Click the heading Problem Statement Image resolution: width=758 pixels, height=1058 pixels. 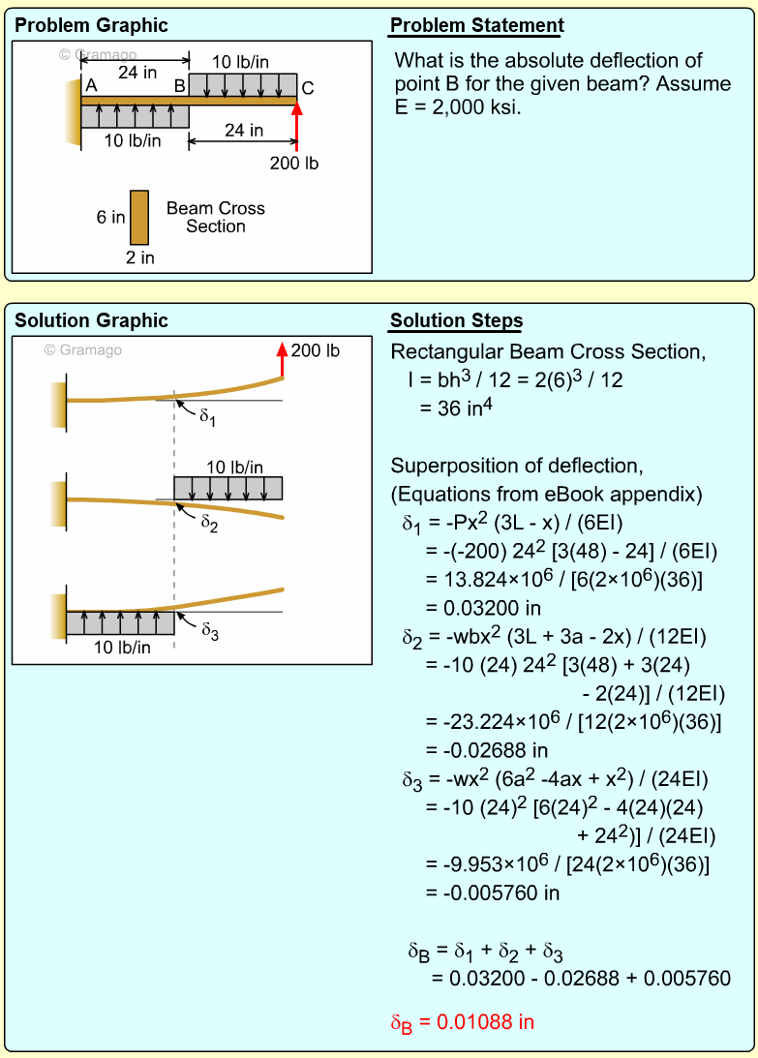pos(476,26)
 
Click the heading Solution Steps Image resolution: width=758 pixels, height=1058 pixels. pos(456,321)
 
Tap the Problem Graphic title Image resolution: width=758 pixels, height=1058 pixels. pos(91,26)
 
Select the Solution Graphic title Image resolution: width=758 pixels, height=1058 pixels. pos(91,321)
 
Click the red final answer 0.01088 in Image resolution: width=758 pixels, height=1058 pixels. pos(462,1022)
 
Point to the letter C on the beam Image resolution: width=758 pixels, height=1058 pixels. pos(308,88)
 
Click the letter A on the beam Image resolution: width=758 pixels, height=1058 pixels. pos(91,86)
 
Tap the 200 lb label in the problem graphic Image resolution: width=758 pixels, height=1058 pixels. pos(293,164)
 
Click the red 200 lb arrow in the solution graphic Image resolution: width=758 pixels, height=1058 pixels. pos(283,359)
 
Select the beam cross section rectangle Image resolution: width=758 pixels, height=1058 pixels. pos(139,217)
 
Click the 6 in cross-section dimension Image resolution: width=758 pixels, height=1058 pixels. pos(110,218)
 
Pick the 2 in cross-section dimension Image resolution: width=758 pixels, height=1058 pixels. pos(139,257)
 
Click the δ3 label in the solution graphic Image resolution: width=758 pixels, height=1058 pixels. pos(210,630)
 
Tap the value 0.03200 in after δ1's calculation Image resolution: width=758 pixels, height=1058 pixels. pos(483,609)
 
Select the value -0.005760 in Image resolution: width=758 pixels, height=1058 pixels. pos(493,892)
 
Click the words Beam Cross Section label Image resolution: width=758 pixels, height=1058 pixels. pos(215,217)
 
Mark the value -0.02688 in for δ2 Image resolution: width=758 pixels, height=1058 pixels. pos(487,750)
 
